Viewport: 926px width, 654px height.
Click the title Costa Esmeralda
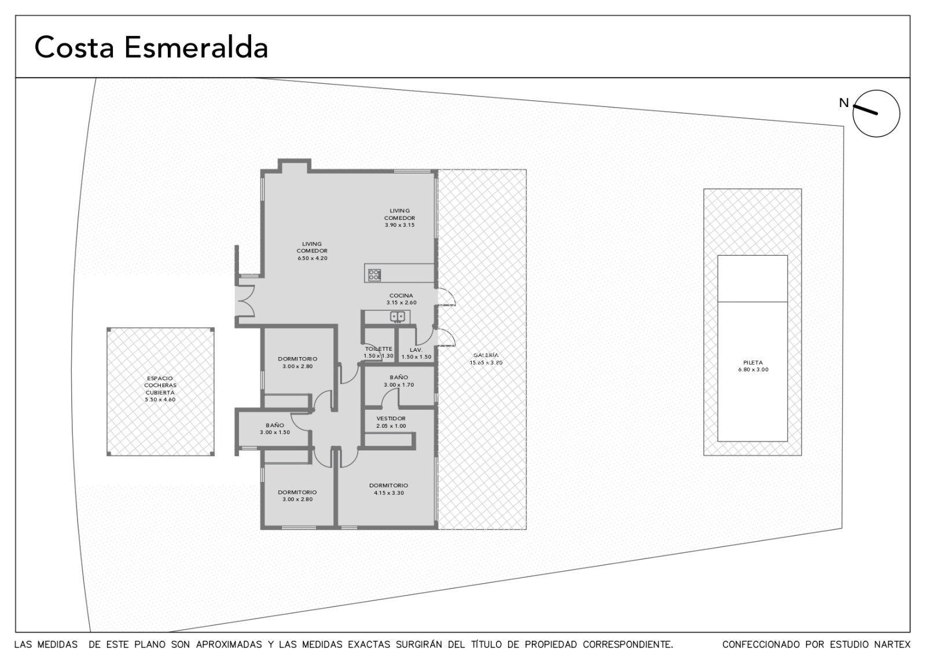point(151,47)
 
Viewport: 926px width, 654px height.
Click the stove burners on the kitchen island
point(374,275)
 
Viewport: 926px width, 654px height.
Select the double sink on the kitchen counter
point(397,317)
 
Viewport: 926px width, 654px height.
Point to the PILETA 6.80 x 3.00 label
point(753,366)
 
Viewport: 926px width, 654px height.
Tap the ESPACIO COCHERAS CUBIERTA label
point(160,389)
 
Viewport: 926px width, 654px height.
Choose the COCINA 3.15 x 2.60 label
point(402,299)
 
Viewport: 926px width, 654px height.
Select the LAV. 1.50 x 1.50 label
point(416,354)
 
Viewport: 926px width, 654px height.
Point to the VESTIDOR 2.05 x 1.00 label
point(391,422)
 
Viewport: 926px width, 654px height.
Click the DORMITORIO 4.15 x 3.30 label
point(388,489)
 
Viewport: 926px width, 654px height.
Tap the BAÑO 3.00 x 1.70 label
point(399,381)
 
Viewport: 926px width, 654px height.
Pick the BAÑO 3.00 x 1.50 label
point(275,429)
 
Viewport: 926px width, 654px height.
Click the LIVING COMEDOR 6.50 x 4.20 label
point(312,251)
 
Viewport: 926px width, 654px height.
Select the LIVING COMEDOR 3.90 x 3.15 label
point(399,218)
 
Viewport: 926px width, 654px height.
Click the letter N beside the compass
point(844,102)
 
